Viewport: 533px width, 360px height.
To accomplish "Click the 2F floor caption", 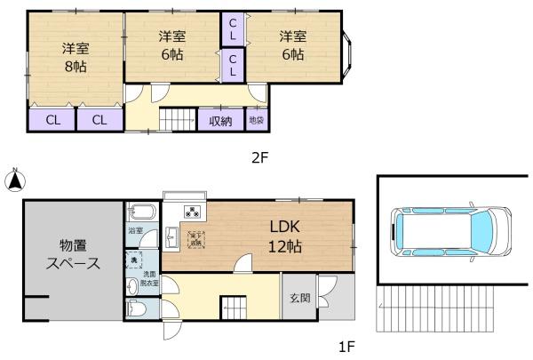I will click(x=259, y=157).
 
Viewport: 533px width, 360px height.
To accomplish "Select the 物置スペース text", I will click(x=73, y=255).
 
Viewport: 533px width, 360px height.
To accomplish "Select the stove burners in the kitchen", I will click(x=192, y=212).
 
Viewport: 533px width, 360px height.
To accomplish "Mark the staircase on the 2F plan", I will click(x=178, y=120).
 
